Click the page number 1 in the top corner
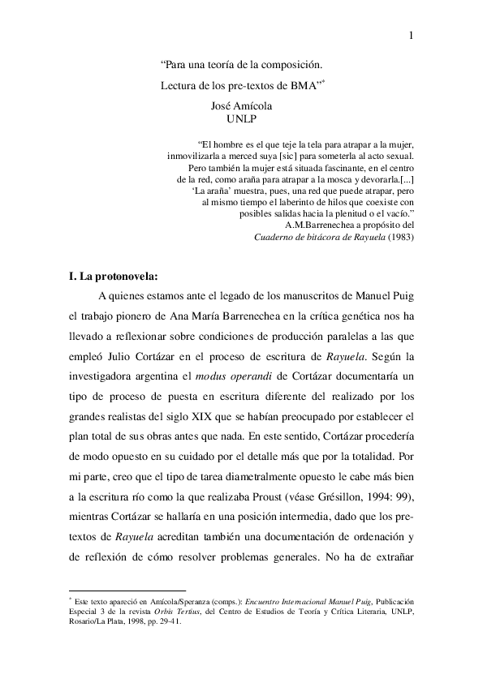click(x=412, y=35)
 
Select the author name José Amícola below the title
click(x=242, y=105)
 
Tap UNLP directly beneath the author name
click(x=241, y=119)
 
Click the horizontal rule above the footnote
click(x=128, y=591)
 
